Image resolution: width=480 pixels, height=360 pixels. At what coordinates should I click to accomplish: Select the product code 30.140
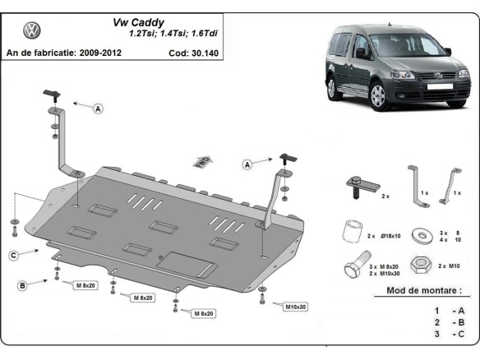[x=205, y=53]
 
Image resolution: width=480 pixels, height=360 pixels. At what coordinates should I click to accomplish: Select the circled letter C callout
[x=14, y=256]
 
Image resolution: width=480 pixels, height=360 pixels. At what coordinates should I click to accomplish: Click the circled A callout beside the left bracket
[x=99, y=108]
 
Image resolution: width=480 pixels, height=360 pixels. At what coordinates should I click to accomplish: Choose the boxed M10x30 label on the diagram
[x=297, y=307]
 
